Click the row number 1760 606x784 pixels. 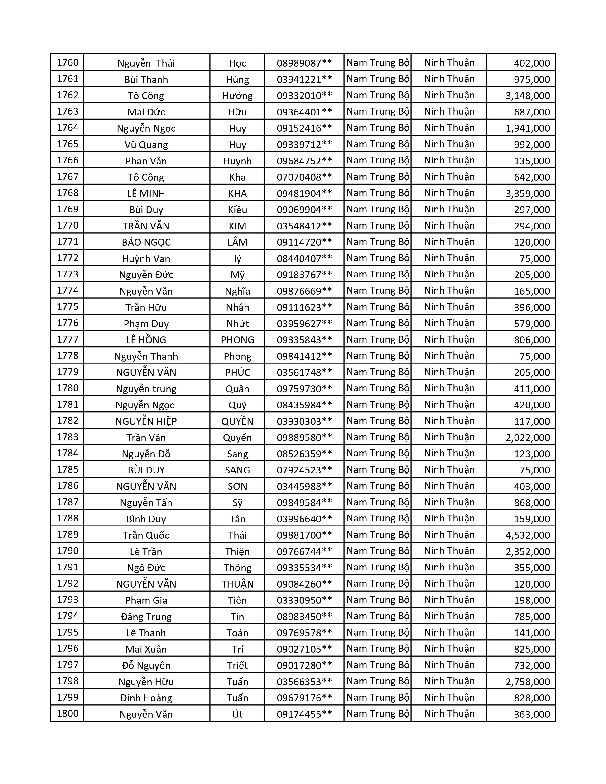click(67, 63)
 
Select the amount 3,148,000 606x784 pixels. click(528, 96)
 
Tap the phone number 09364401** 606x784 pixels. click(304, 112)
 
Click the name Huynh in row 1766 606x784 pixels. click(237, 161)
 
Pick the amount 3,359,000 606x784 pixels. click(528, 193)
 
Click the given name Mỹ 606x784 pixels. click(237, 275)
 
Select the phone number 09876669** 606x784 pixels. click(304, 291)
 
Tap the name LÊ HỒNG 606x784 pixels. click(146, 339)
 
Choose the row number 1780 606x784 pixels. click(67, 388)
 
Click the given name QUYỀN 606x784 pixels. click(237, 421)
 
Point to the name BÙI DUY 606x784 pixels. click(146, 470)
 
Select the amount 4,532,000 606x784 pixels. click(528, 535)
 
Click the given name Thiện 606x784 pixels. click(237, 551)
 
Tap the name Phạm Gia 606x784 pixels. click(146, 600)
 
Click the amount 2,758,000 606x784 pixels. click(528, 682)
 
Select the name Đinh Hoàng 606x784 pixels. click(146, 698)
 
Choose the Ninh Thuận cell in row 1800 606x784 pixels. click(449, 714)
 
